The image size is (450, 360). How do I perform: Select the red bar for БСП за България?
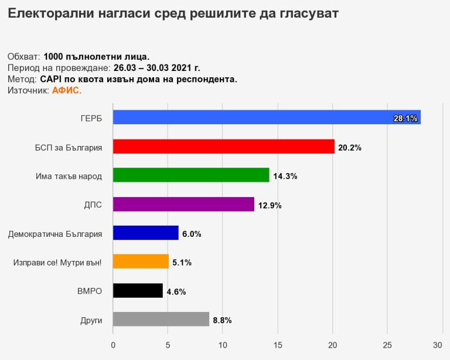pyautogui.click(x=223, y=147)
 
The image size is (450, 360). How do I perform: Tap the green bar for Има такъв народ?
pyautogui.click(x=191, y=175)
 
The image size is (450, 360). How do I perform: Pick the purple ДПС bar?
pyautogui.click(x=183, y=204)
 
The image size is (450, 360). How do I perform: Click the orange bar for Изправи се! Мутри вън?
pyautogui.click(x=141, y=261)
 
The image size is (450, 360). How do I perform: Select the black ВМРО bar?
pyautogui.click(x=138, y=290)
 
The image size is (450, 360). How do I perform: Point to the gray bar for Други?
pyautogui.click(x=161, y=319)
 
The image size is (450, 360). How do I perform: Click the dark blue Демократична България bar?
pyautogui.click(x=145, y=233)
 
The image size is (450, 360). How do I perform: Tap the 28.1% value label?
pyautogui.click(x=405, y=118)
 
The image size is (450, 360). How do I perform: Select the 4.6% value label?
pyautogui.click(x=176, y=291)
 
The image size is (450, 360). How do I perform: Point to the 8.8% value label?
pyautogui.click(x=222, y=320)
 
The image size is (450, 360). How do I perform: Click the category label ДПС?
pyautogui.click(x=93, y=205)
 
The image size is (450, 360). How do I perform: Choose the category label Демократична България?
pyautogui.click(x=55, y=233)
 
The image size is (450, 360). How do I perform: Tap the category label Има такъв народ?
pyautogui.click(x=69, y=176)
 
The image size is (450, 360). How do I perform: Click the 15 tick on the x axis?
pyautogui.click(x=278, y=345)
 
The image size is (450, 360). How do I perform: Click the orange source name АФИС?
pyautogui.click(x=67, y=90)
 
